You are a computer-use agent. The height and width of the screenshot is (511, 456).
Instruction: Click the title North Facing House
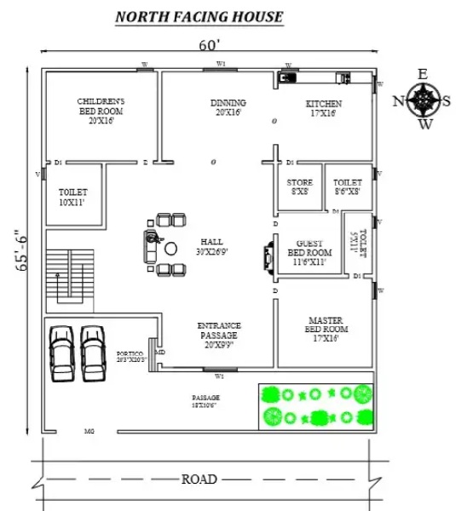pyautogui.click(x=199, y=16)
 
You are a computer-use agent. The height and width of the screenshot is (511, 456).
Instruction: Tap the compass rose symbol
pyautogui.click(x=423, y=100)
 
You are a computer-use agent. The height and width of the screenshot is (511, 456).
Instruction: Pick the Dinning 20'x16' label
pyautogui.click(x=228, y=107)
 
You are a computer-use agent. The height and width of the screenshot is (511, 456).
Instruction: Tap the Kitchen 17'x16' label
pyautogui.click(x=321, y=108)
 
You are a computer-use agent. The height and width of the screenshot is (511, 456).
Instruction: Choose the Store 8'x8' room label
pyautogui.click(x=299, y=187)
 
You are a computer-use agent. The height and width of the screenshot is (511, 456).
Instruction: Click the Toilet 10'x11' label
pyautogui.click(x=73, y=198)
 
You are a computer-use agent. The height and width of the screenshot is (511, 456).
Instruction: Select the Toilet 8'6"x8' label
pyautogui.click(x=347, y=187)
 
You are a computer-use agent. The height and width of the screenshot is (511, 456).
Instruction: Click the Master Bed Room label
pyautogui.click(x=325, y=329)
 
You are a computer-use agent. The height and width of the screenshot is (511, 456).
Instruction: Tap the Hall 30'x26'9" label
pyautogui.click(x=211, y=246)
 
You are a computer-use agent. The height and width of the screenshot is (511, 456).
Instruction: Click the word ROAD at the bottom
pyautogui.click(x=199, y=479)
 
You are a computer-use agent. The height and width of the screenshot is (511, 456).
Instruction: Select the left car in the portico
pyautogui.click(x=62, y=351)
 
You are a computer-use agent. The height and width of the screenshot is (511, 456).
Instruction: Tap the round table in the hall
pyautogui.click(x=170, y=249)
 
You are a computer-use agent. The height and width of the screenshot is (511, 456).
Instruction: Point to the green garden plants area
pyautogui.click(x=315, y=405)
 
